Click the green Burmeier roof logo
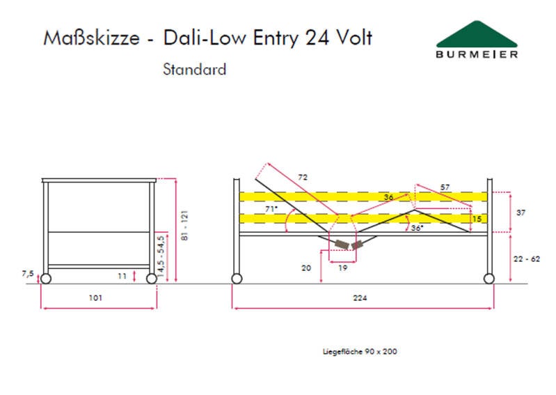point(477,34)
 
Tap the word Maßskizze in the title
point(91,38)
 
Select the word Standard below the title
point(194,69)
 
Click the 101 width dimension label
point(95,297)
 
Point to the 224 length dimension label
point(360,297)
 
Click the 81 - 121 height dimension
point(184,225)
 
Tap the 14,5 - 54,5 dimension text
point(161,256)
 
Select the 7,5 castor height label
point(28,274)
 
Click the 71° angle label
point(271,209)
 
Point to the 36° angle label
point(417,228)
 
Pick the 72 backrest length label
point(303,177)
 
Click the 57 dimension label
point(445,187)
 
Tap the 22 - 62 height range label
point(527,259)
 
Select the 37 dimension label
point(521,212)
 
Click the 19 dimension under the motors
point(342,268)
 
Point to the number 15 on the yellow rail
point(477,219)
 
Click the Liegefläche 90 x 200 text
point(360,352)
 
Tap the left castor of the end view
point(46,279)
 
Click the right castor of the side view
point(489,279)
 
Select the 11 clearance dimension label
point(122,276)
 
